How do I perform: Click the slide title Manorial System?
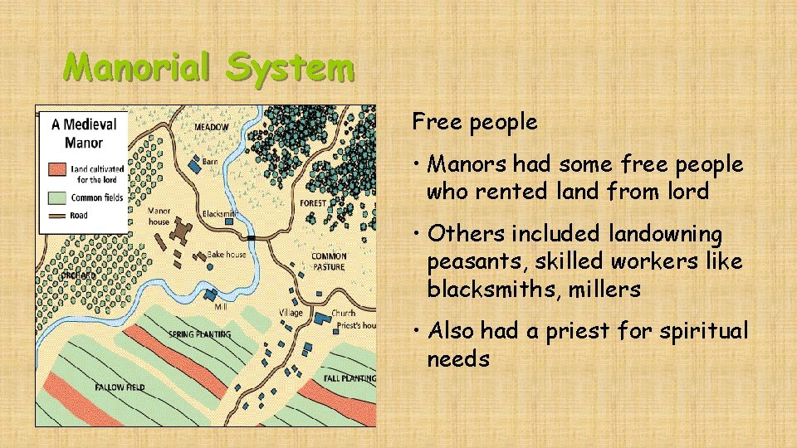[x=209, y=66]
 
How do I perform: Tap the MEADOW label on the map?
[x=212, y=127]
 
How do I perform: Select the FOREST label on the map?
[x=312, y=202]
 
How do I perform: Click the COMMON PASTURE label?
[x=329, y=262]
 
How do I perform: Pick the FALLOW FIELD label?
[x=120, y=387]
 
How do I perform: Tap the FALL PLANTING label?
[x=350, y=378]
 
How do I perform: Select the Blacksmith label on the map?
[x=219, y=214]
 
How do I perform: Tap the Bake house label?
[x=226, y=255]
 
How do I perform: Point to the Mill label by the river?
[x=221, y=307]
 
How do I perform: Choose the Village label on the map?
[x=291, y=314]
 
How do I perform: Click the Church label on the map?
[x=343, y=314]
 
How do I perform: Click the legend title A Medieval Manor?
[x=84, y=133]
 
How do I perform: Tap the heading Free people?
[x=475, y=123]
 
